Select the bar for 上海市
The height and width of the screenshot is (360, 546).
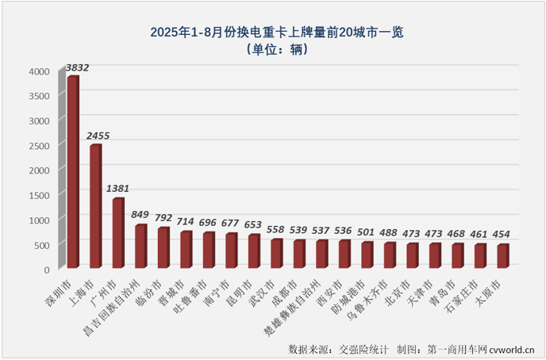click(95, 207)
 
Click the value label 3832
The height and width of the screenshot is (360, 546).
click(77, 68)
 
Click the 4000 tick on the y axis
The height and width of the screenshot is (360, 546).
click(39, 71)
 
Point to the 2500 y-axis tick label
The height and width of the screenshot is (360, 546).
click(39, 145)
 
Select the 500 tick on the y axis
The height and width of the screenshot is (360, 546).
click(42, 244)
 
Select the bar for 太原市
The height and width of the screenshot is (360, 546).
click(502, 257)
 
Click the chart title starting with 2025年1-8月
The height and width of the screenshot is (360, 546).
click(272, 33)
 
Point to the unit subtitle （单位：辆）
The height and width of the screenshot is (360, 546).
click(272, 49)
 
